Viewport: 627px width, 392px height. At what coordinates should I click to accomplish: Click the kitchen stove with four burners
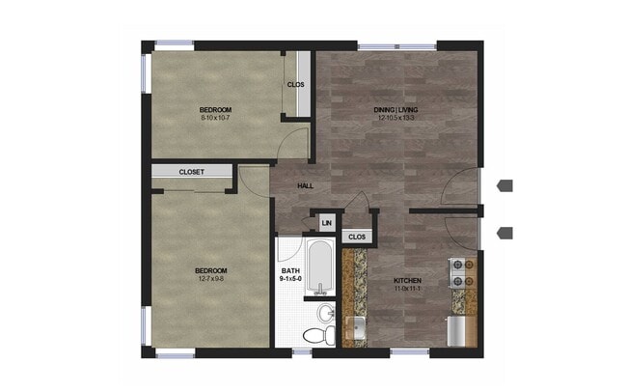pos(462,273)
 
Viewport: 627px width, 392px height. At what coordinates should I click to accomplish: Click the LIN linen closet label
pos(326,223)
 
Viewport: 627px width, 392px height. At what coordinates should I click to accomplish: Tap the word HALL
pos(305,186)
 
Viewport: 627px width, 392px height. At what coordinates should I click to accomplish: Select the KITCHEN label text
pos(408,281)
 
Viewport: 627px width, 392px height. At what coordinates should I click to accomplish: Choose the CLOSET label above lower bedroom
pos(191,172)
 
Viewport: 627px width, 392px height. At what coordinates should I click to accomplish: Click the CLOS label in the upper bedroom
pos(296,84)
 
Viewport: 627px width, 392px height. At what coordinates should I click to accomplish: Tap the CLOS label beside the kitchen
pos(356,236)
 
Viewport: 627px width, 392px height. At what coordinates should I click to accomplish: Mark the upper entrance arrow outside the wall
pos(505,185)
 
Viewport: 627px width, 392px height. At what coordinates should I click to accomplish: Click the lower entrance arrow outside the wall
pos(505,232)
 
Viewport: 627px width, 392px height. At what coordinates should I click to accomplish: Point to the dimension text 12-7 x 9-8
pos(210,278)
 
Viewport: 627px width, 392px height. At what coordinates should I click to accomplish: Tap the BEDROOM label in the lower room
pos(210,269)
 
